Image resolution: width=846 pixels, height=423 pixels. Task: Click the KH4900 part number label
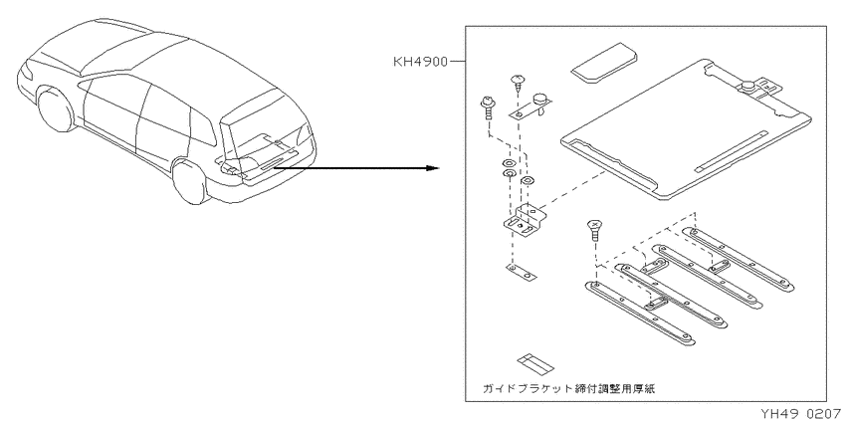coord(420,62)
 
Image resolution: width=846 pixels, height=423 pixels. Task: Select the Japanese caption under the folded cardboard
coord(569,388)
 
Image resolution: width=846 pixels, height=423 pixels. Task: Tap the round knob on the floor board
coord(748,86)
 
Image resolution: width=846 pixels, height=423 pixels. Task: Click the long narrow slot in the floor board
coord(732,151)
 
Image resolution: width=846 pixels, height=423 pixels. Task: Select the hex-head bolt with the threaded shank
coord(485,109)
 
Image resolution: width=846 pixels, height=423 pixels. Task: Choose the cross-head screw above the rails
coord(594,230)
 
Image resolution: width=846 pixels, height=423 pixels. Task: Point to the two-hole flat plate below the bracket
coord(522,273)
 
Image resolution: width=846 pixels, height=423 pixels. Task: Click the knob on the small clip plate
coord(540,101)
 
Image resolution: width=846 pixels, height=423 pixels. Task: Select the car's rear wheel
coord(190,181)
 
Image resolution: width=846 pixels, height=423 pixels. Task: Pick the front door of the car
coord(110,116)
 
